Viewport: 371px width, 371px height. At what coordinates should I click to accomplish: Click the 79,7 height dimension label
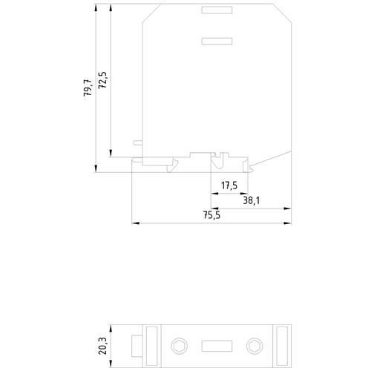(x=88, y=88)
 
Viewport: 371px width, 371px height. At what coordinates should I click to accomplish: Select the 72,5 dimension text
(x=102, y=80)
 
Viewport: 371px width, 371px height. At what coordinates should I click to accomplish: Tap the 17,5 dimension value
(x=229, y=185)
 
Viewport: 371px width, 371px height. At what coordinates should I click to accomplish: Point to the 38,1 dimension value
(x=252, y=200)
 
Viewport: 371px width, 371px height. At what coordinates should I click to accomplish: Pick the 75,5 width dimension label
(x=211, y=215)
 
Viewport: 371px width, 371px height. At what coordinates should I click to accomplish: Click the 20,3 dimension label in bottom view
(x=102, y=346)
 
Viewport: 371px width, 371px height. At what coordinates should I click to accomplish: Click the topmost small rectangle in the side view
(x=217, y=10)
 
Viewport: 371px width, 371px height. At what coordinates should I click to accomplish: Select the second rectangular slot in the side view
(x=217, y=41)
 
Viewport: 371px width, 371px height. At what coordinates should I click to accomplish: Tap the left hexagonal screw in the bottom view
(x=179, y=346)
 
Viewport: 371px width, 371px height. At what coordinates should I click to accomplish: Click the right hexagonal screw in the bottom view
(x=255, y=346)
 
